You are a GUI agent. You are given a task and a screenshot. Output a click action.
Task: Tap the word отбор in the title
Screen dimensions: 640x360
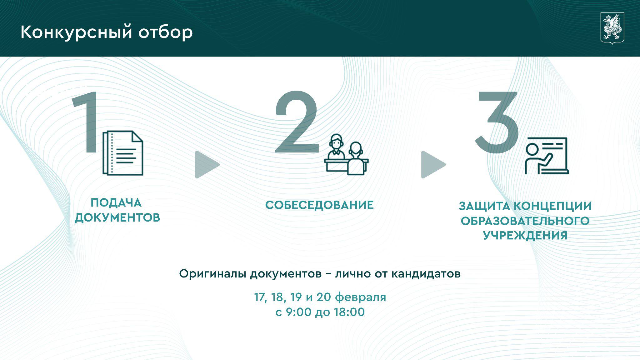click(166, 32)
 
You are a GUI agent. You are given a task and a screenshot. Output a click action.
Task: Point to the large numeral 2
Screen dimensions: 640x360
click(297, 122)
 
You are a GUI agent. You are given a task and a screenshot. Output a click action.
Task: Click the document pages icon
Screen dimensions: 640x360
click(123, 153)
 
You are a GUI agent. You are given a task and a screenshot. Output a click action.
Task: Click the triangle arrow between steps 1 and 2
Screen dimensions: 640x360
click(206, 165)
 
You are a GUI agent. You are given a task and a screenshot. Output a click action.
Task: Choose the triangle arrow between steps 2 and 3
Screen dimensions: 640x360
click(432, 165)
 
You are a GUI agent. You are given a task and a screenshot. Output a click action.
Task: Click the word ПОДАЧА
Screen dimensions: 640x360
click(116, 203)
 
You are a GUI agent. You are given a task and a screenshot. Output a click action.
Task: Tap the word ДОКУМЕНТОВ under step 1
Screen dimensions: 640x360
click(117, 217)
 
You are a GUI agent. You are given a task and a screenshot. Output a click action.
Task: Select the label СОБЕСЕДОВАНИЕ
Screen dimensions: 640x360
click(319, 205)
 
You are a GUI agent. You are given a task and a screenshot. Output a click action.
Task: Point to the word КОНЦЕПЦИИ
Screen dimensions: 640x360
click(553, 207)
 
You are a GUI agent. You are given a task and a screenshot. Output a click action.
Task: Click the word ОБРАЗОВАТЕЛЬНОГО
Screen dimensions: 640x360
click(525, 221)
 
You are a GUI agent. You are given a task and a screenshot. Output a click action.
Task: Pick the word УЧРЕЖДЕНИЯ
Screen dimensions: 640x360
click(525, 235)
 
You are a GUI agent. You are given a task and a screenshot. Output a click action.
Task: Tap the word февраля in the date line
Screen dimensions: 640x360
click(361, 297)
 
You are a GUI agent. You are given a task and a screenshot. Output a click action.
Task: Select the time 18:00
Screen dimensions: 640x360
click(349, 312)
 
